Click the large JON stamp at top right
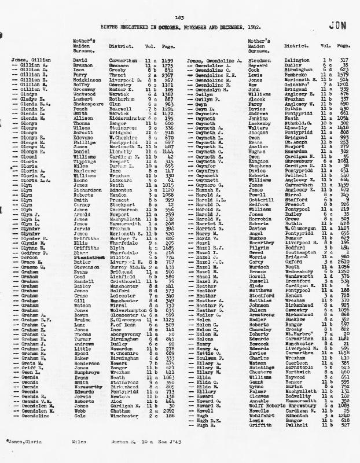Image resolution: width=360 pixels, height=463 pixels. [x=336, y=25]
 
